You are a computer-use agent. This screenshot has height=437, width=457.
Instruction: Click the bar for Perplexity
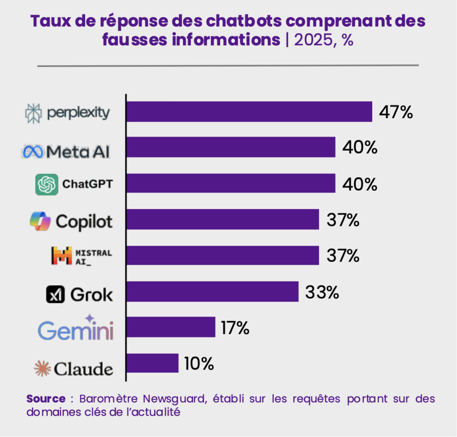[x=249, y=111]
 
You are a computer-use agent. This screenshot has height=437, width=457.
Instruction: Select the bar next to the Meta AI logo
[x=231, y=147]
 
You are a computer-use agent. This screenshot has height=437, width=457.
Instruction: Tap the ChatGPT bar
[x=231, y=183]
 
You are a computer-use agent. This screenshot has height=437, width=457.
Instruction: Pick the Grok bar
[x=212, y=292]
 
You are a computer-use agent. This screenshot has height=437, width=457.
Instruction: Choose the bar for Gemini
[x=171, y=327]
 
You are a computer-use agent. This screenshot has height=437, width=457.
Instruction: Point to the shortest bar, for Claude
[x=153, y=363]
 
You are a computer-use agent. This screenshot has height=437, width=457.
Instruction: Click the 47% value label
[x=396, y=112]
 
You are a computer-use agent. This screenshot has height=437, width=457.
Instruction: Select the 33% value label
[x=322, y=293]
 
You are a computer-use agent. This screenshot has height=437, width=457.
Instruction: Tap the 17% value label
[x=235, y=328]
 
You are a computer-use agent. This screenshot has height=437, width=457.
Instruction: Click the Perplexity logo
[x=67, y=113]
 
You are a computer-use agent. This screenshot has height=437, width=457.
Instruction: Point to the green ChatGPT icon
[x=47, y=184]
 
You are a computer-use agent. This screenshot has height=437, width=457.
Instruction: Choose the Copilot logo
[x=71, y=221]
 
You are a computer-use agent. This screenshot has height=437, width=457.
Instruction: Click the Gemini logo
[x=75, y=329]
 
